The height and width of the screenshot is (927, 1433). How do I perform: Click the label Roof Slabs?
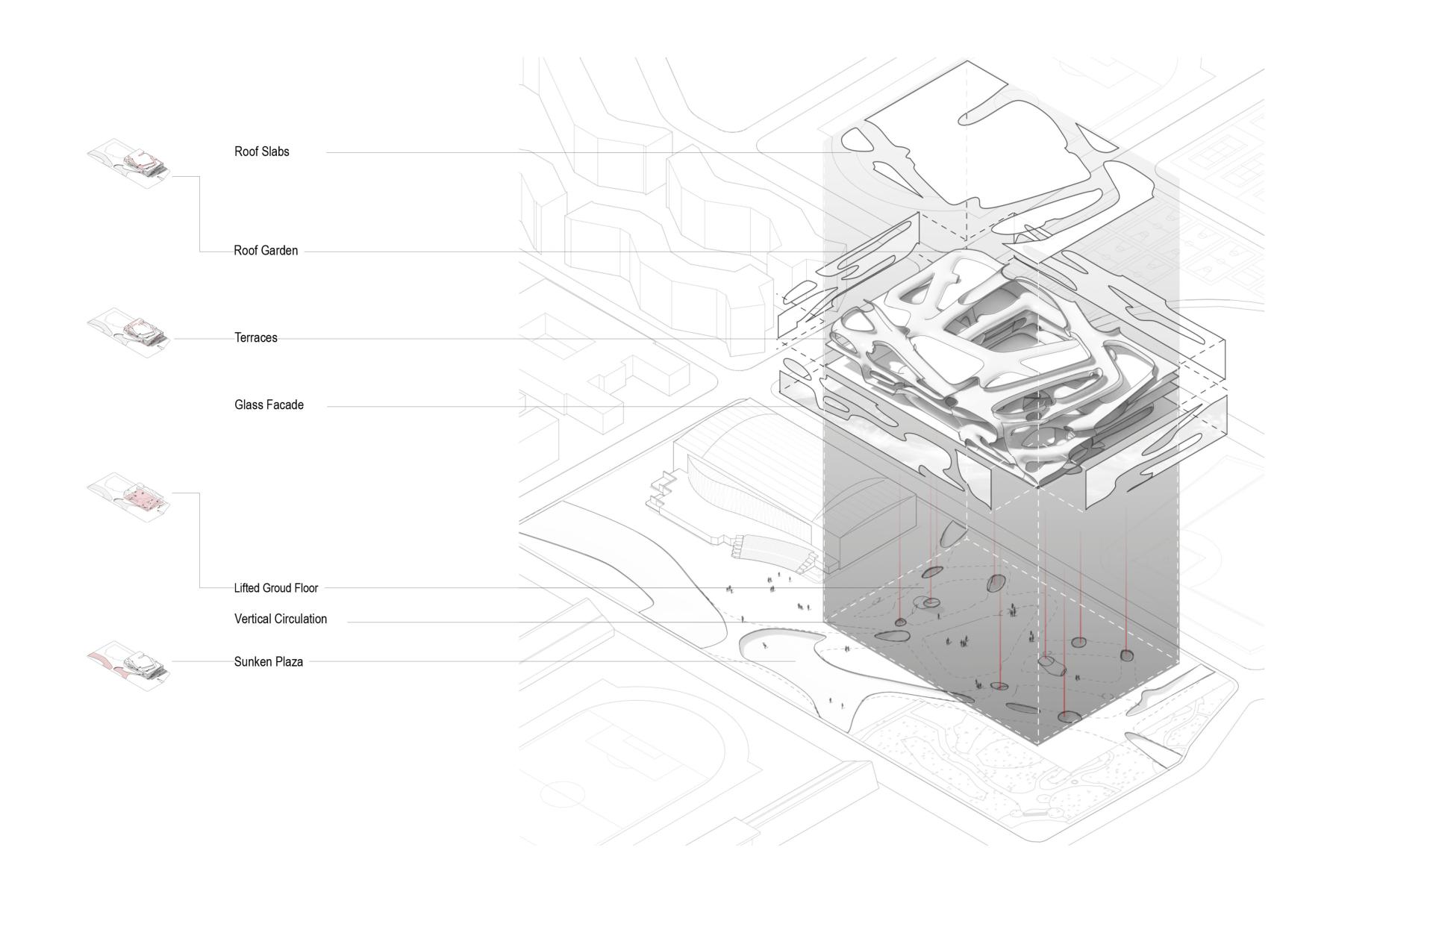(261, 152)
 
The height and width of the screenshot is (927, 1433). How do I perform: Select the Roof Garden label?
(266, 251)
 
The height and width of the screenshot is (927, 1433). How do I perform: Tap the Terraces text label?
(256, 338)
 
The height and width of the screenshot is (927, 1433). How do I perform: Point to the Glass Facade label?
(269, 405)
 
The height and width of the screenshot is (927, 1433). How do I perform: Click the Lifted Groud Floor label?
(276, 588)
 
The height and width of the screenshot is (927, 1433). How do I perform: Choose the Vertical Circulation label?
(281, 619)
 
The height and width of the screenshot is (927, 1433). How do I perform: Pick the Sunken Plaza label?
(269, 662)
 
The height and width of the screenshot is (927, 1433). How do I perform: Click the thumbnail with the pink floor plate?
(129, 495)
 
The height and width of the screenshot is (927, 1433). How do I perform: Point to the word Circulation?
(302, 619)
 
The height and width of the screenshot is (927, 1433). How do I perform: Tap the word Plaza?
(289, 662)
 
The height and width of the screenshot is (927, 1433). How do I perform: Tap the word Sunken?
(252, 662)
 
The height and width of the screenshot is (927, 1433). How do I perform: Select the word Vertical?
(253, 619)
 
